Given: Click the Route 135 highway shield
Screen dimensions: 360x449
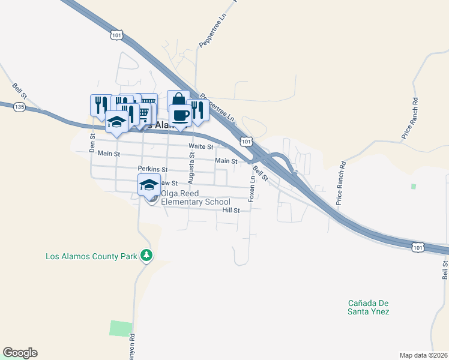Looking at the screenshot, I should pos(20,107).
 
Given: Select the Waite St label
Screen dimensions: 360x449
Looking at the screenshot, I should pos(201,146).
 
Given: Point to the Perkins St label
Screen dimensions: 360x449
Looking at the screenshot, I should pos(152,169).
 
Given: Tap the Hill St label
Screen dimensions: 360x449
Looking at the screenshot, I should pos(231,211).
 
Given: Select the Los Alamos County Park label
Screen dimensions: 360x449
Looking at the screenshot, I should pos(92,256).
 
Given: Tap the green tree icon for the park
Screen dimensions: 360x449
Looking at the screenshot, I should pos(146,256).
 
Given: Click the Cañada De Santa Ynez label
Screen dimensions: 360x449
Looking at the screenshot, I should pos(369,307).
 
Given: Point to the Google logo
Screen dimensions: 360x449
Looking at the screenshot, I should pos(20,353).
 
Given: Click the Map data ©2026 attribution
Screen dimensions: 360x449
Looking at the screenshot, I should pos(424,355).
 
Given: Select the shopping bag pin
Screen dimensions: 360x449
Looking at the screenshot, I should pos(178,100).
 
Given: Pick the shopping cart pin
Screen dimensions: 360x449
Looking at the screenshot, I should pos(144,113).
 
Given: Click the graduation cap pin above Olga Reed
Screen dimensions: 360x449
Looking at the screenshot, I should pos(149,184).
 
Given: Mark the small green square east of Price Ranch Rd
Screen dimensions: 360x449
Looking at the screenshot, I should pos(413,187).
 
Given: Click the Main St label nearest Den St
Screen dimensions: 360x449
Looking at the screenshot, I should pos(109,154).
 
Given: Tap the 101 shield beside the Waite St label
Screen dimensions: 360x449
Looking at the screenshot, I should pos(245,141).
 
